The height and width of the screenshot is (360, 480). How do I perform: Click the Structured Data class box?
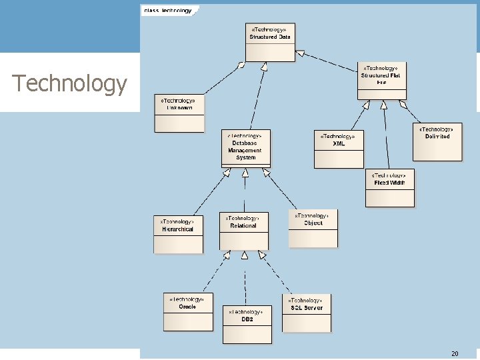(270, 43)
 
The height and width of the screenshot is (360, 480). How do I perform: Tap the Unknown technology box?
(179, 113)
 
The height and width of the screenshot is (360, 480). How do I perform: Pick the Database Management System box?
(245, 149)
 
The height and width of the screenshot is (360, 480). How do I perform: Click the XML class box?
(339, 148)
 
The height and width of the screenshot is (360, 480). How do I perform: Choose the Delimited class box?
(437, 141)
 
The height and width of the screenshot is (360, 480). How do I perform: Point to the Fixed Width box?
(390, 188)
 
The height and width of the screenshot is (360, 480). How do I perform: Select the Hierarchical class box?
(178, 235)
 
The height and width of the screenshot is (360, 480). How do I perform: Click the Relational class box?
(244, 231)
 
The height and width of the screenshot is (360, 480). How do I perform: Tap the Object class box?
(313, 228)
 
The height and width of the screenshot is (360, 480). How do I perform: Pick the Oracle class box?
(188, 311)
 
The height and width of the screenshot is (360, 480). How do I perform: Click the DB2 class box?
(247, 324)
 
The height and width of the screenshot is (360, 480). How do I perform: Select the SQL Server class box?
(307, 313)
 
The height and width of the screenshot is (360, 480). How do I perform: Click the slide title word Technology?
(69, 83)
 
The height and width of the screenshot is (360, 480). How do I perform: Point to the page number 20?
(455, 353)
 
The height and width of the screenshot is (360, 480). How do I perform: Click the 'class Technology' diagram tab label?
(168, 10)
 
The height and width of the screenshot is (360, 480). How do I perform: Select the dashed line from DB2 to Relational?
(245, 280)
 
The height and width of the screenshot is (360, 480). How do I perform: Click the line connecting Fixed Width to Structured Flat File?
(386, 137)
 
